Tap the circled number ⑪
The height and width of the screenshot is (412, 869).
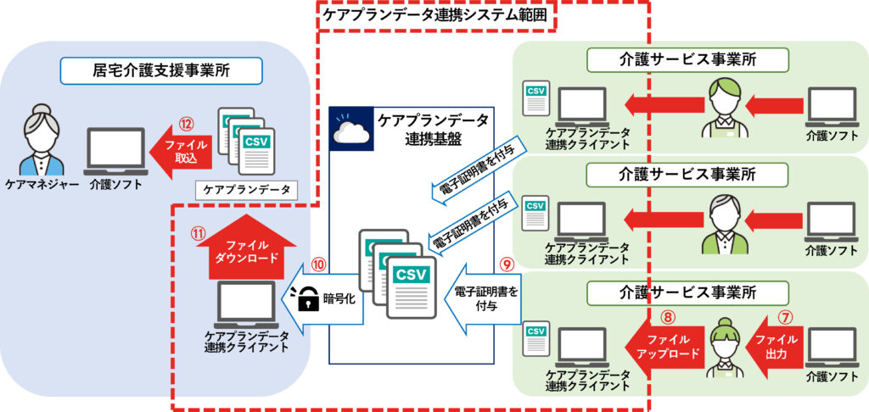point(197,233)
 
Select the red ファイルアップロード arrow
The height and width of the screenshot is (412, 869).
point(664,346)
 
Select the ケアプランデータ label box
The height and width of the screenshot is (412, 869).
point(247,190)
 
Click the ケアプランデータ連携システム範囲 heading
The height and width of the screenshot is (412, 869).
point(435,15)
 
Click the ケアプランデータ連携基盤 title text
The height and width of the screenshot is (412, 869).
point(433,129)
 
